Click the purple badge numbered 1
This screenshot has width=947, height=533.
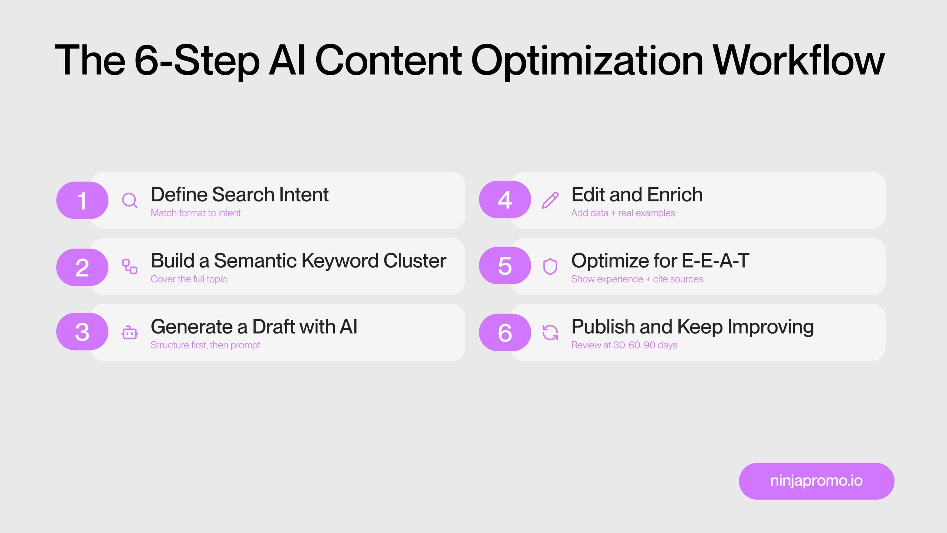tap(82, 200)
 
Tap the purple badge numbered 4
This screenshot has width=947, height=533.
tap(505, 200)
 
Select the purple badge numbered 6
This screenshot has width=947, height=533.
tap(505, 332)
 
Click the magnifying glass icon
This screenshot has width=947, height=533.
tap(129, 200)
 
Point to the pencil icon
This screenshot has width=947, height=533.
tap(550, 200)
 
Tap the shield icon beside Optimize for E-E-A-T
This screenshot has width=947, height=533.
tap(550, 266)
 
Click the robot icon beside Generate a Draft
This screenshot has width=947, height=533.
tap(129, 333)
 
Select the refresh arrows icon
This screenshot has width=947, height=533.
tap(550, 332)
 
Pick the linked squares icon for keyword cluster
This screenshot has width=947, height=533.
tap(129, 266)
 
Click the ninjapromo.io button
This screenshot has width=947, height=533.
tap(816, 481)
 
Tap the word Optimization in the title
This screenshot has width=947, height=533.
tap(587, 60)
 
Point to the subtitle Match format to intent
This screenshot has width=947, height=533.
tap(196, 213)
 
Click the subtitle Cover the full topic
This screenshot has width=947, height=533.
tap(189, 279)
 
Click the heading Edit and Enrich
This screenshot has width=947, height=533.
tap(637, 195)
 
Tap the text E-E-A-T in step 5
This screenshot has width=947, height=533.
tap(715, 261)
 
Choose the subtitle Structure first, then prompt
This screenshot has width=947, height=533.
tap(205, 345)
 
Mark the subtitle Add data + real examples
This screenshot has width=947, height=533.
tap(623, 213)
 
